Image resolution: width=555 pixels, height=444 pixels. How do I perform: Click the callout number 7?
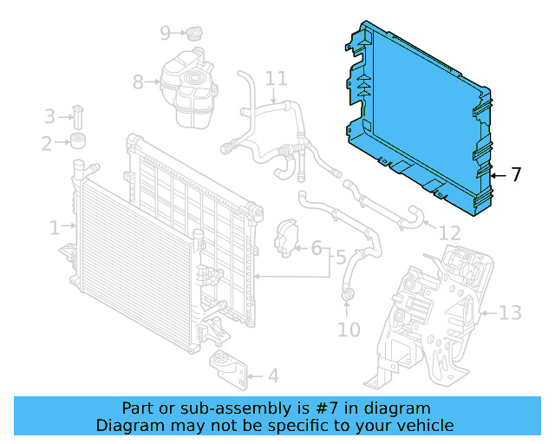click(x=516, y=174)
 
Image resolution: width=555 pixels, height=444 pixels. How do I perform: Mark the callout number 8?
click(x=138, y=82)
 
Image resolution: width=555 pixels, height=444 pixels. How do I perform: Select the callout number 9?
click(x=166, y=34)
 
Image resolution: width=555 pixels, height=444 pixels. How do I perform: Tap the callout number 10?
click(x=349, y=330)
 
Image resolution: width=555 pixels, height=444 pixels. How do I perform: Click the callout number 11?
click(x=276, y=79)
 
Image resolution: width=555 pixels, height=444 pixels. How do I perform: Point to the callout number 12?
click(x=449, y=233)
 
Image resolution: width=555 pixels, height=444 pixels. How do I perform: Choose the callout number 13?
click(x=511, y=312)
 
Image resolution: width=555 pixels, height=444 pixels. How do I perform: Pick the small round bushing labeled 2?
click(x=82, y=142)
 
